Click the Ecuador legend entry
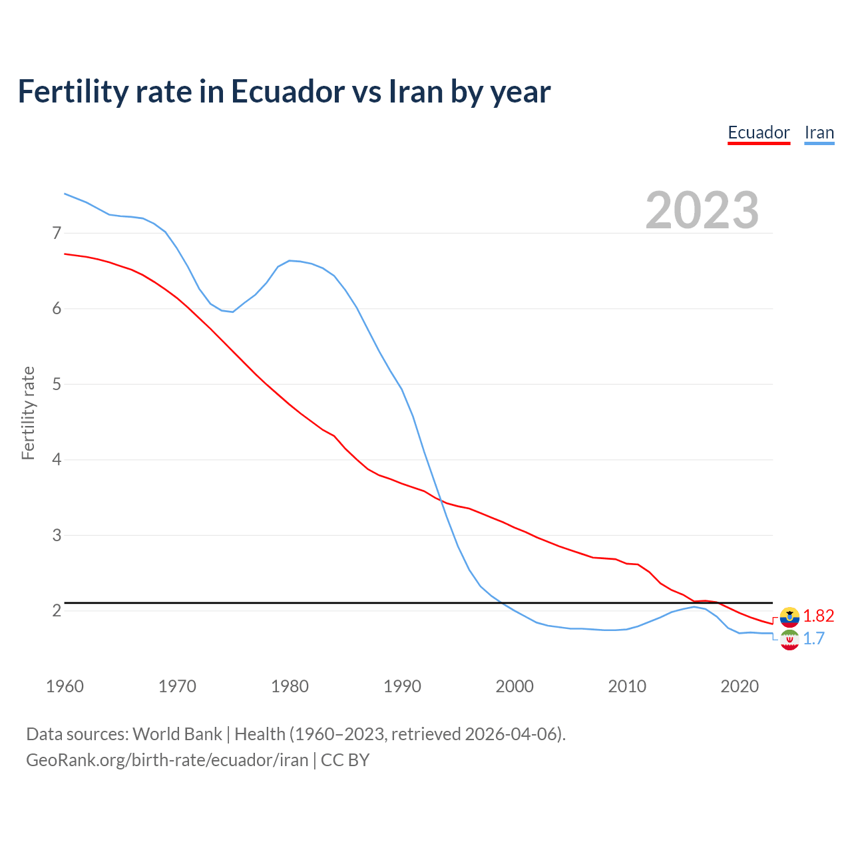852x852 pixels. [x=758, y=132]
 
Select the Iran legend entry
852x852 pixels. [x=819, y=132]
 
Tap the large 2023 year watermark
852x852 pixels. [x=702, y=210]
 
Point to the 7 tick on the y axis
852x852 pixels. [x=57, y=233]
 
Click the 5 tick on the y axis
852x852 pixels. [x=57, y=384]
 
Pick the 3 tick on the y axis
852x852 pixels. [x=57, y=535]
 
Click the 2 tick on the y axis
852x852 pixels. [x=57, y=610]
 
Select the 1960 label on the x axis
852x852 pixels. [x=65, y=686]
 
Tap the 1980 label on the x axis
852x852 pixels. [x=290, y=686]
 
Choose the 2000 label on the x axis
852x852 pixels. [x=515, y=686]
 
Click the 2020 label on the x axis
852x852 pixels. [x=740, y=686]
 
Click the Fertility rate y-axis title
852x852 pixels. [x=28, y=413]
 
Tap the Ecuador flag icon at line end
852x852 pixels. [x=789, y=617]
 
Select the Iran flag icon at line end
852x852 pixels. [x=789, y=640]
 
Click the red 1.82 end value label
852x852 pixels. [x=818, y=616]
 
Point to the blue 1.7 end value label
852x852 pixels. [x=813, y=639]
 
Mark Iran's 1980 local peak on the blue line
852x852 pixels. [x=290, y=260]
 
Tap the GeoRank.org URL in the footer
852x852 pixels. [x=167, y=760]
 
